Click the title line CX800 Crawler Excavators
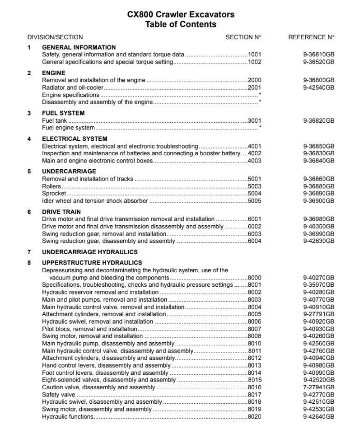tap(180, 14)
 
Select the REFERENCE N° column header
tap(311, 37)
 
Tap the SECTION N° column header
tap(243, 37)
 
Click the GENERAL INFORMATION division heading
tap(79, 47)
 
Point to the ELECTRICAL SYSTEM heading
tap(75, 139)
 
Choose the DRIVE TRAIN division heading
tap(61, 212)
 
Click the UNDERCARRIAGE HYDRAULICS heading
tap(90, 252)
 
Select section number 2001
tap(255, 87)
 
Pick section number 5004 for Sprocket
tap(255, 194)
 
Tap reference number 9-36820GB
tap(319, 121)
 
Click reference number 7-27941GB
tap(319, 387)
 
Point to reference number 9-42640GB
tap(319, 417)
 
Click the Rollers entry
tap(51, 186)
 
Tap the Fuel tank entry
tap(54, 121)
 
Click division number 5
tap(30, 171)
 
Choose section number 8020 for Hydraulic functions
tap(255, 417)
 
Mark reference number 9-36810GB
tap(319, 54)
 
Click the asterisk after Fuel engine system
tap(260, 128)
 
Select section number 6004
tap(255, 241)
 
